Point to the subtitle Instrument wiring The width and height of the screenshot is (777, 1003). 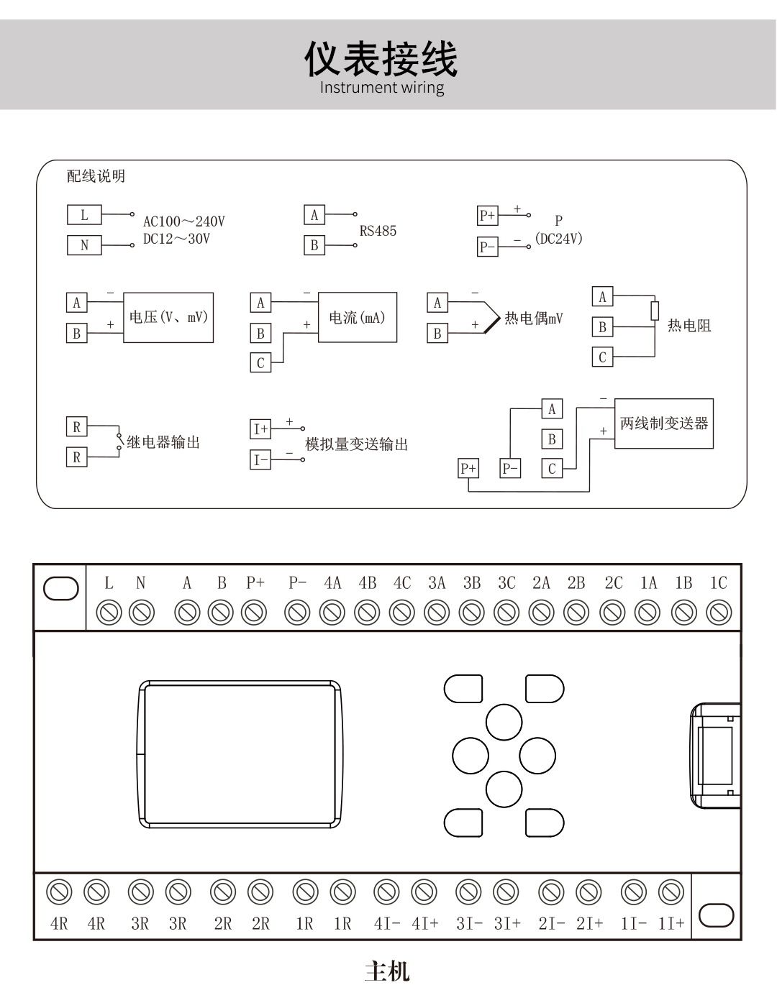coord(381,88)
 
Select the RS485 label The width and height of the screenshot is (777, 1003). coord(378,231)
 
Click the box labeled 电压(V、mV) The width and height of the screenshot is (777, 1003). coord(168,317)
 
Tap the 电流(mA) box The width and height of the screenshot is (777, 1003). coord(357,317)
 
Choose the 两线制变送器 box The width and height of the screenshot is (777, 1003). coord(663,423)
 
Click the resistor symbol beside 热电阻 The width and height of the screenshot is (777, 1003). coord(655,311)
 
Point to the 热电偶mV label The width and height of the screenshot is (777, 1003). coord(533,318)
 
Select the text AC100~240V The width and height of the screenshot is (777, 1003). coord(183,221)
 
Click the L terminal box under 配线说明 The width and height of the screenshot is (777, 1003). coord(84,214)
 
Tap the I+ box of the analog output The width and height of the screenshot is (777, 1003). coord(260,429)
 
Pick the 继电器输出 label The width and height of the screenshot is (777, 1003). coord(163,442)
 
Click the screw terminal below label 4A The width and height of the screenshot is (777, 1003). coord(332,613)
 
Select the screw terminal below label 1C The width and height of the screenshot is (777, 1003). coord(719,613)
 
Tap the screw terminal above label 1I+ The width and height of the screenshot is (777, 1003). coord(671,892)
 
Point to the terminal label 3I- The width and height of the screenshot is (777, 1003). coord(469,923)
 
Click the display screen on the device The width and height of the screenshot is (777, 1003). coord(240,754)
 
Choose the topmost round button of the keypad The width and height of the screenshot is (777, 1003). coord(504,722)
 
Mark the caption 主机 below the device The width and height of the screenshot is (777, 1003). coord(387,971)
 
